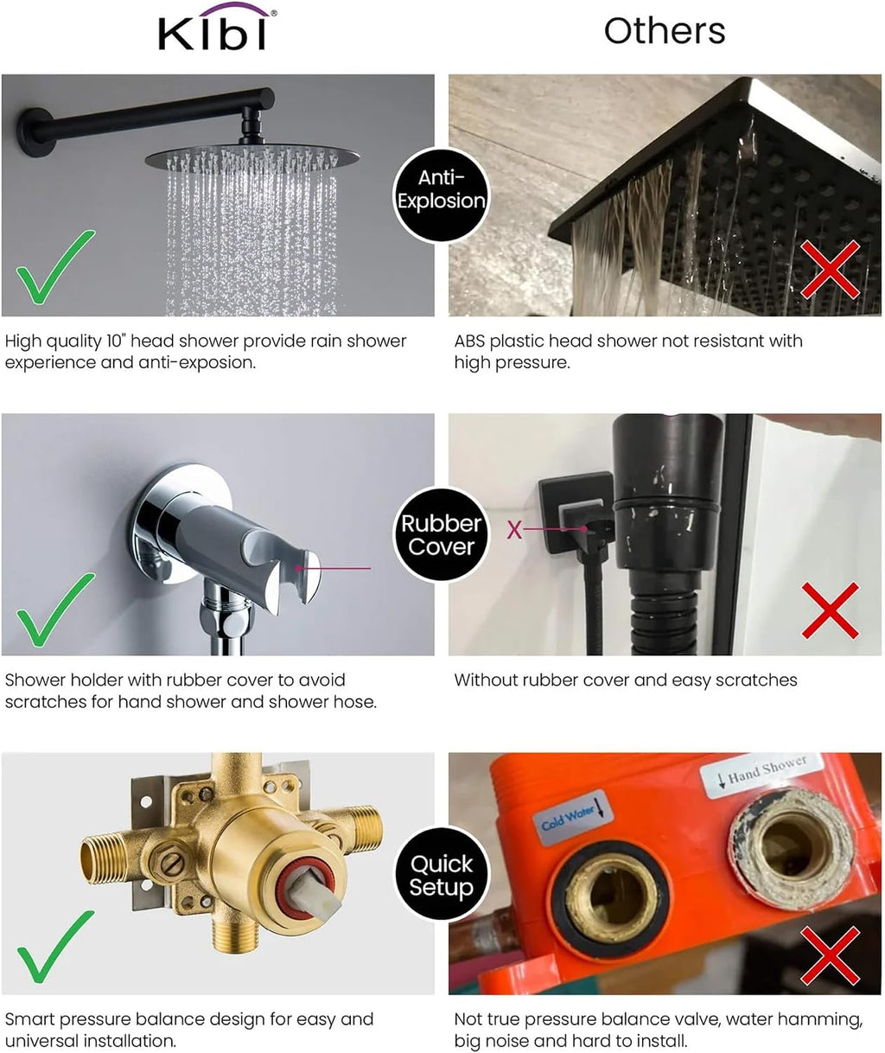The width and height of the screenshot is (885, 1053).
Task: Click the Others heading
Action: [x=664, y=31]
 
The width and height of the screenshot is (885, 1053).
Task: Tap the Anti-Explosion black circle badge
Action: [x=442, y=195]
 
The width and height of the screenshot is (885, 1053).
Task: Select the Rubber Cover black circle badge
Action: [x=442, y=534]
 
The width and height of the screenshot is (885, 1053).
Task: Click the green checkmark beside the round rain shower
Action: [x=55, y=266]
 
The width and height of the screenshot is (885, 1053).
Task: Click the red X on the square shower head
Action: [x=830, y=268]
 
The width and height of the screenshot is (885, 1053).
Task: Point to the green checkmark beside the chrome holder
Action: [x=55, y=609]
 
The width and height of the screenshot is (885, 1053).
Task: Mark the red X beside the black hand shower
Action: [x=830, y=610]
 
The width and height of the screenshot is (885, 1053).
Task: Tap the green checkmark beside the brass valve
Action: [x=55, y=948]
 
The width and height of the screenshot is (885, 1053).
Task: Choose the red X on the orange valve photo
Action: [x=830, y=955]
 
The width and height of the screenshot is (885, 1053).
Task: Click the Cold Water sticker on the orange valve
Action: [x=572, y=816]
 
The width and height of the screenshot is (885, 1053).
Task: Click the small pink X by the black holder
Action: [x=514, y=529]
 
